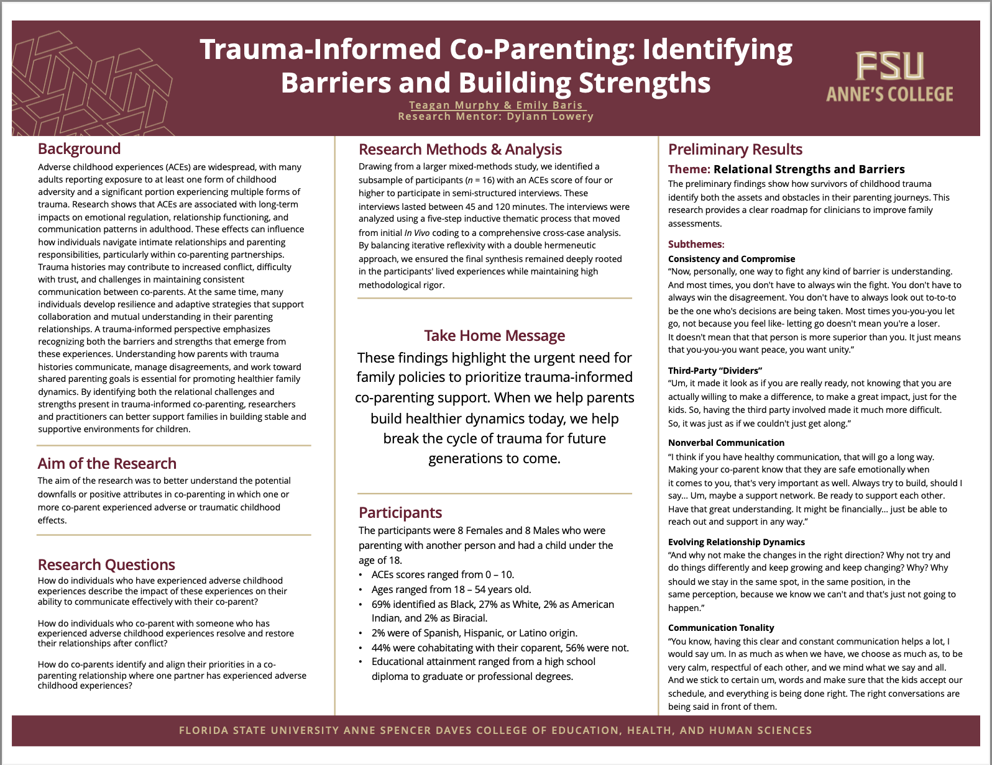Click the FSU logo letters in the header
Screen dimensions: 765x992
click(889, 66)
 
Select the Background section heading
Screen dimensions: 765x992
click(79, 149)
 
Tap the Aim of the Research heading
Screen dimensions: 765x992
click(107, 464)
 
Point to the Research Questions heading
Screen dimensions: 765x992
click(106, 564)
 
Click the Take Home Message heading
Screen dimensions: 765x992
click(494, 336)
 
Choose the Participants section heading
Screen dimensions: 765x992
click(400, 513)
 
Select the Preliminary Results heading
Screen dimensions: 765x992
click(735, 150)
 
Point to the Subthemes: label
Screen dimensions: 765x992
click(696, 245)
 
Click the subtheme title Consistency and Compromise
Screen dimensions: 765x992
click(732, 259)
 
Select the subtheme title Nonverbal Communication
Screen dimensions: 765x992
click(726, 443)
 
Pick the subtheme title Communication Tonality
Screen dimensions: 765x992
click(721, 628)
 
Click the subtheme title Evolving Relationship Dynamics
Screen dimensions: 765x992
click(737, 542)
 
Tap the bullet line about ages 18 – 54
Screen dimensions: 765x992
click(451, 589)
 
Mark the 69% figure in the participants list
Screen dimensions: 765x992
click(381, 604)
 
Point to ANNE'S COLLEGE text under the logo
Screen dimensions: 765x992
click(889, 94)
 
